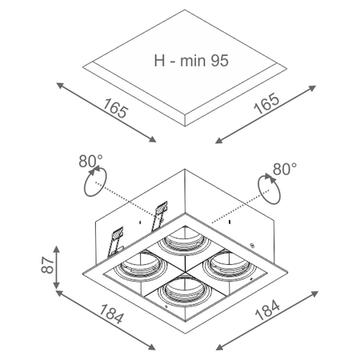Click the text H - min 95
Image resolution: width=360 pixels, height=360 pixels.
[x=191, y=61]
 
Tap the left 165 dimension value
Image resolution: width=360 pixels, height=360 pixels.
[x=115, y=108]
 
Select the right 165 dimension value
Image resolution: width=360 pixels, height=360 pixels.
[x=266, y=103]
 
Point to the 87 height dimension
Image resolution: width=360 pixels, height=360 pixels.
[x=48, y=265]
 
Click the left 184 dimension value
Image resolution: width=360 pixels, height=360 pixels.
[x=112, y=314]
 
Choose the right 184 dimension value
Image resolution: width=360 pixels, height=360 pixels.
[x=267, y=310]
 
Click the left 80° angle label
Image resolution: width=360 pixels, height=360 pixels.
[x=90, y=161]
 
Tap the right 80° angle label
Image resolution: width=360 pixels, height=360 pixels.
[x=285, y=169]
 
